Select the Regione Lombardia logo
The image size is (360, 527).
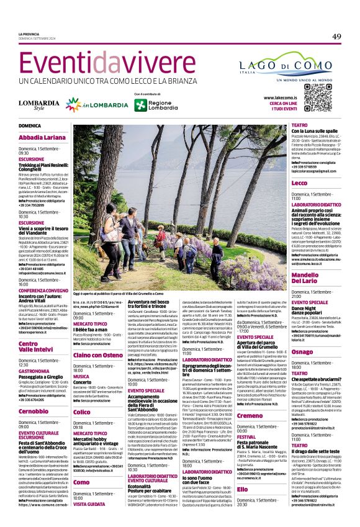155,104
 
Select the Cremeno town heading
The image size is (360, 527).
250,415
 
